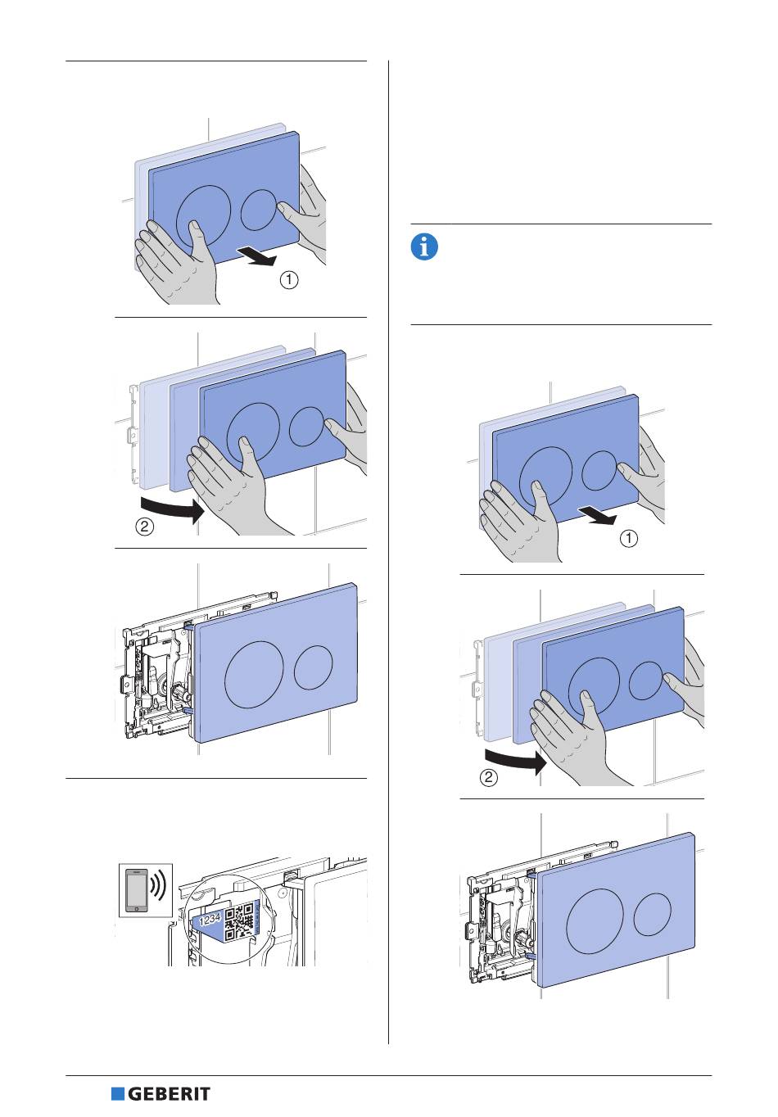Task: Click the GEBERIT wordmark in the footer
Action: pos(170,1094)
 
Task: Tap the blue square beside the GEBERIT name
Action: pos(117,1094)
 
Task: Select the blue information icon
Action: pos(424,246)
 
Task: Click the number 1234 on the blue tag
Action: pos(210,920)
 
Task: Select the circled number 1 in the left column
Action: pos(289,280)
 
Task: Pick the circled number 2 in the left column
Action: pos(143,527)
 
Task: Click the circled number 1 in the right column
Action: pos(629,539)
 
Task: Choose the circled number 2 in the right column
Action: pos(488,778)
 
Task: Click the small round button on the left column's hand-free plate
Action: pos(314,667)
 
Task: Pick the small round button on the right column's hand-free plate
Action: pos(654,914)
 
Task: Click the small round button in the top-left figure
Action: pos(259,210)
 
